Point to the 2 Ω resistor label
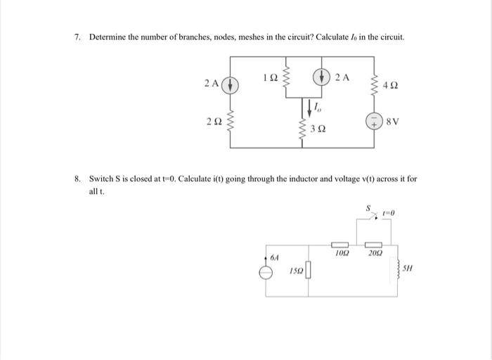(x=214, y=122)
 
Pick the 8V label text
(x=393, y=121)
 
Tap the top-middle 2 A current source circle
(x=323, y=76)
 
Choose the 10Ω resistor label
(x=342, y=252)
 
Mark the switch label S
(x=365, y=208)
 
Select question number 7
(x=78, y=36)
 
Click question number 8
(x=78, y=179)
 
